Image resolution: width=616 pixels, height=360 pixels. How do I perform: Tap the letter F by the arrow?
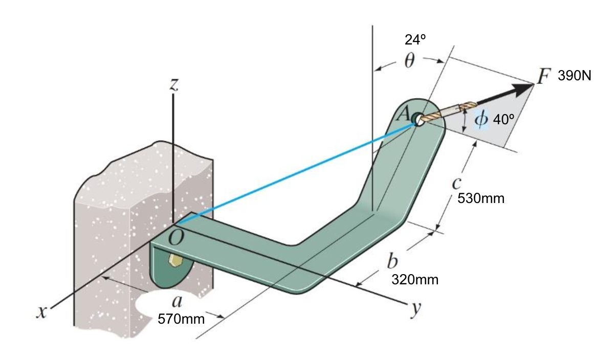[x=543, y=76]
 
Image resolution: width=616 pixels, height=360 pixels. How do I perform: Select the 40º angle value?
[x=503, y=120]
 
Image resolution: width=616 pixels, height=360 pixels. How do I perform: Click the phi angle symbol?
[x=481, y=119]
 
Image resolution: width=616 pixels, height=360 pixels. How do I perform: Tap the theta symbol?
[x=410, y=61]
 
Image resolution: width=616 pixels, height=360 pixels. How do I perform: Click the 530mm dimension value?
[x=481, y=198]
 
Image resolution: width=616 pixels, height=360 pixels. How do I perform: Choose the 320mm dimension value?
[x=415, y=280]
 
